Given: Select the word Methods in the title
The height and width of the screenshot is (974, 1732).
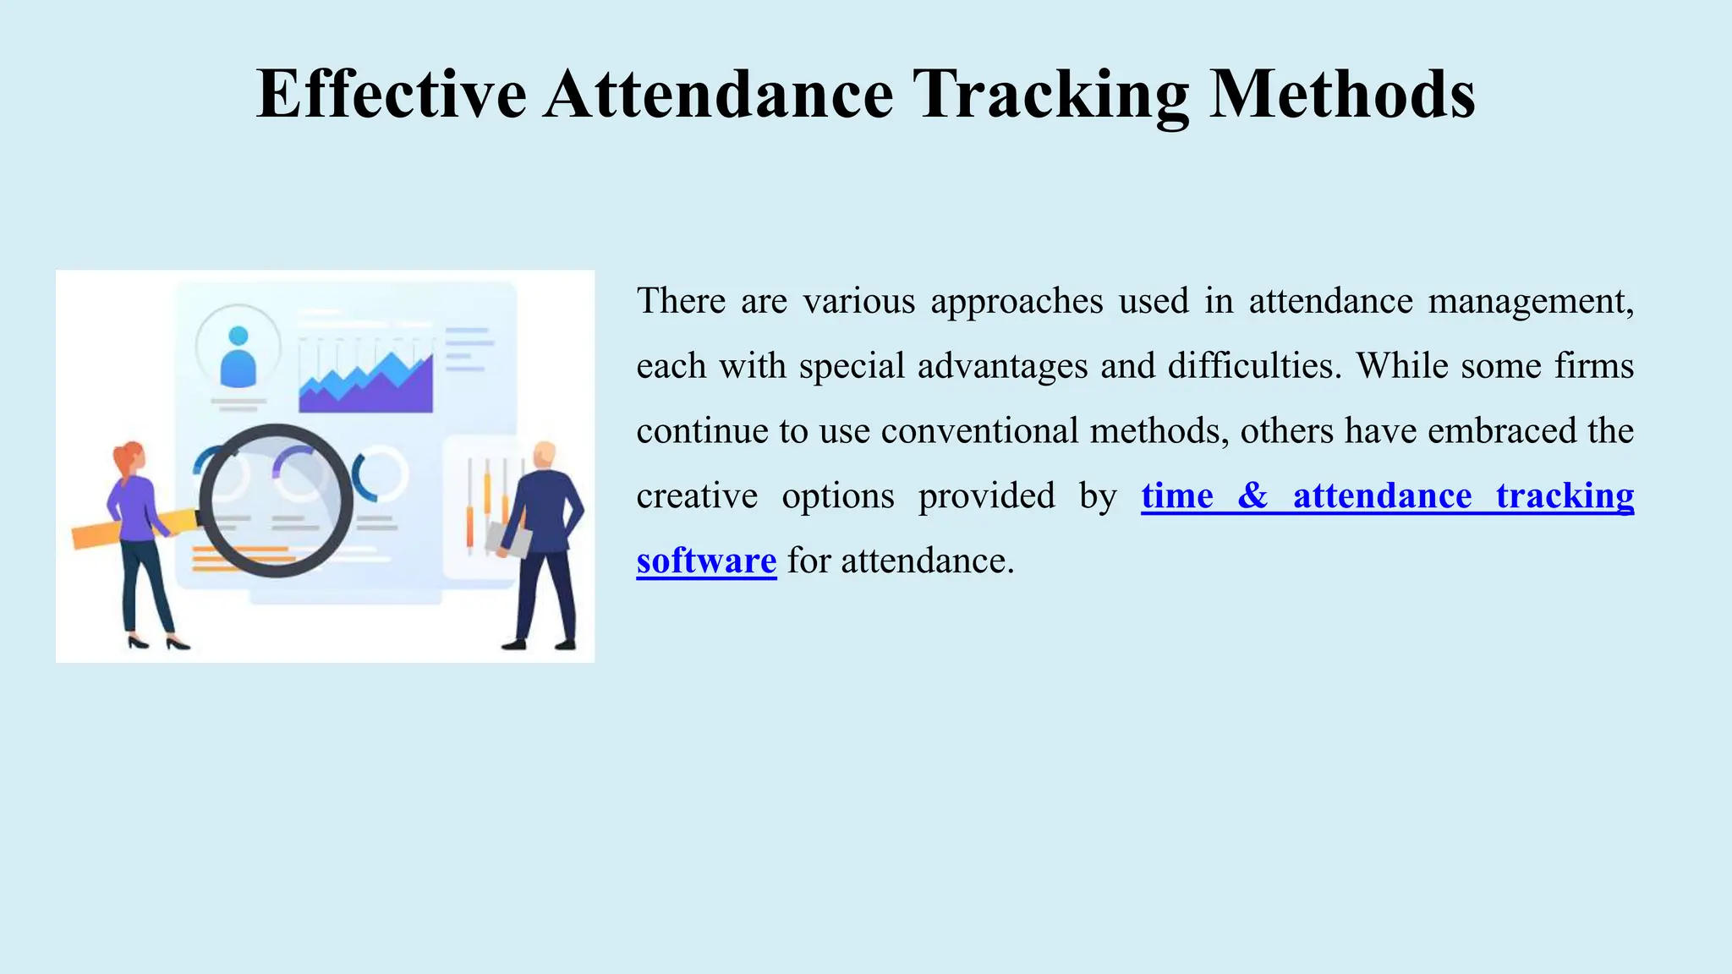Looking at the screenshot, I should pyautogui.click(x=1342, y=94).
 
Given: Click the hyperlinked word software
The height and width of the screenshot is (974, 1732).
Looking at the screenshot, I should pyautogui.click(x=706, y=561).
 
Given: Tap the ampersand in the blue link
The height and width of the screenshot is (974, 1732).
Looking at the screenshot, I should pyautogui.click(x=1252, y=496).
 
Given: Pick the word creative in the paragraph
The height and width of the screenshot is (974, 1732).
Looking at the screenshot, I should pyautogui.click(x=697, y=496).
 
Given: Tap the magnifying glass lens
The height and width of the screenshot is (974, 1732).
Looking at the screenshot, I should pyautogui.click(x=276, y=500).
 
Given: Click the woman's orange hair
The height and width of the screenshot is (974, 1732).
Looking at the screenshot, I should pyautogui.click(x=127, y=457).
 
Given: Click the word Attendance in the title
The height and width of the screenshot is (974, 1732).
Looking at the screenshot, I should pyautogui.click(x=719, y=94).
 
